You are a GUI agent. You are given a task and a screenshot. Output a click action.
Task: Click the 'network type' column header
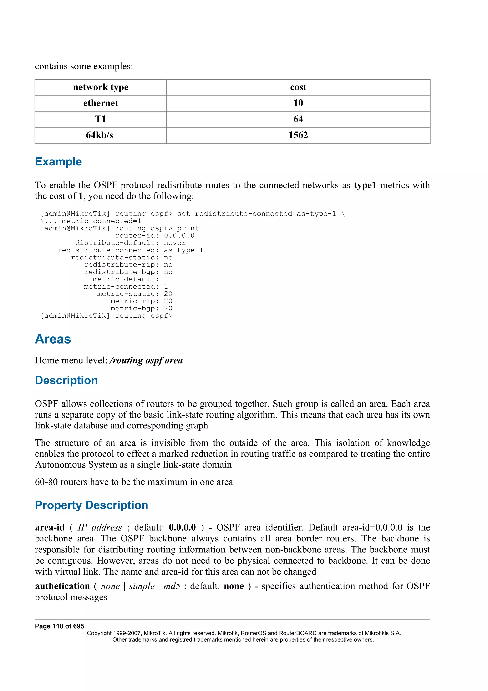(x=101, y=87)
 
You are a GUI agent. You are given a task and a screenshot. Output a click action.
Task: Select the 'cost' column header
(x=298, y=87)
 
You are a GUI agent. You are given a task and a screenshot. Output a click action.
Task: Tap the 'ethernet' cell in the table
(x=101, y=103)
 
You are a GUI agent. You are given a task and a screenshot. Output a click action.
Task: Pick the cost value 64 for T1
(x=298, y=119)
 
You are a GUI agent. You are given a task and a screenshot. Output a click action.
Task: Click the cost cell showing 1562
(x=298, y=135)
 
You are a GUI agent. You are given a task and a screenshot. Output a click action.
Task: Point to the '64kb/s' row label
(x=100, y=135)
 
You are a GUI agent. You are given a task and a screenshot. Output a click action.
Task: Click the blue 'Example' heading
(x=58, y=162)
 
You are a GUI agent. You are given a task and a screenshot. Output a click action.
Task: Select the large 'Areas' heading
(x=53, y=339)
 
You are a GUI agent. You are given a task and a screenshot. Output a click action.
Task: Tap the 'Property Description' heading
(x=91, y=505)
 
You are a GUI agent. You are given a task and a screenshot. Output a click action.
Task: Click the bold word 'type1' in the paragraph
(x=365, y=185)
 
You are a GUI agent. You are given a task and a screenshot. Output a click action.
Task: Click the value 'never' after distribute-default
(x=175, y=243)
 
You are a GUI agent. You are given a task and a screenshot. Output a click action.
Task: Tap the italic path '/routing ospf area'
(x=146, y=361)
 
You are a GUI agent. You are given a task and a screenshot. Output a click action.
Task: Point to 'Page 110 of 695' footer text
(x=60, y=626)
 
